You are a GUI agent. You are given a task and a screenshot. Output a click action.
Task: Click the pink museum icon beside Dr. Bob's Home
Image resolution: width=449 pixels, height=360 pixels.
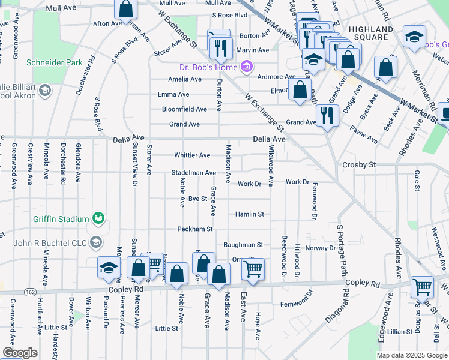click(246, 66)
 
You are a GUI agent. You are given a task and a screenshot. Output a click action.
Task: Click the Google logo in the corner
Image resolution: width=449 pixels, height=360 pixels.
click(20, 353)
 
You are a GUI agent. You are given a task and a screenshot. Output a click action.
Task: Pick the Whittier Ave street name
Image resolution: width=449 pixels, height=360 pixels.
click(192, 155)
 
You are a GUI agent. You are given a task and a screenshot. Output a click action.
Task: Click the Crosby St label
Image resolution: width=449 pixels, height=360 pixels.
click(358, 164)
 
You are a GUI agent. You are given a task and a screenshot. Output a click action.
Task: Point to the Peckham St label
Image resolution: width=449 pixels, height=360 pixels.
click(195, 229)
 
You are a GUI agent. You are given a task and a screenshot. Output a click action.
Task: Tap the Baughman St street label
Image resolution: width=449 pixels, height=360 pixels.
click(243, 245)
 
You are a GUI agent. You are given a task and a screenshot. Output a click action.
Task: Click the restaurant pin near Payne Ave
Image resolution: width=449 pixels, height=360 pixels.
click(326, 115)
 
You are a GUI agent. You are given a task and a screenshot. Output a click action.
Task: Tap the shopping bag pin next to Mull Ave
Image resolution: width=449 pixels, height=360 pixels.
click(126, 8)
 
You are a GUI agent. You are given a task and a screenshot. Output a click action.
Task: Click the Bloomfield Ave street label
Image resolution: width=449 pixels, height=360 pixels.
click(184, 109)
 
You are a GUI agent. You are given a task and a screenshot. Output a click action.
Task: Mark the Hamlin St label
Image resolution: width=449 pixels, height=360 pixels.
click(249, 214)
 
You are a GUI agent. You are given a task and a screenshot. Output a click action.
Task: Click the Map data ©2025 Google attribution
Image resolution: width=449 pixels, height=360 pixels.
click(411, 355)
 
